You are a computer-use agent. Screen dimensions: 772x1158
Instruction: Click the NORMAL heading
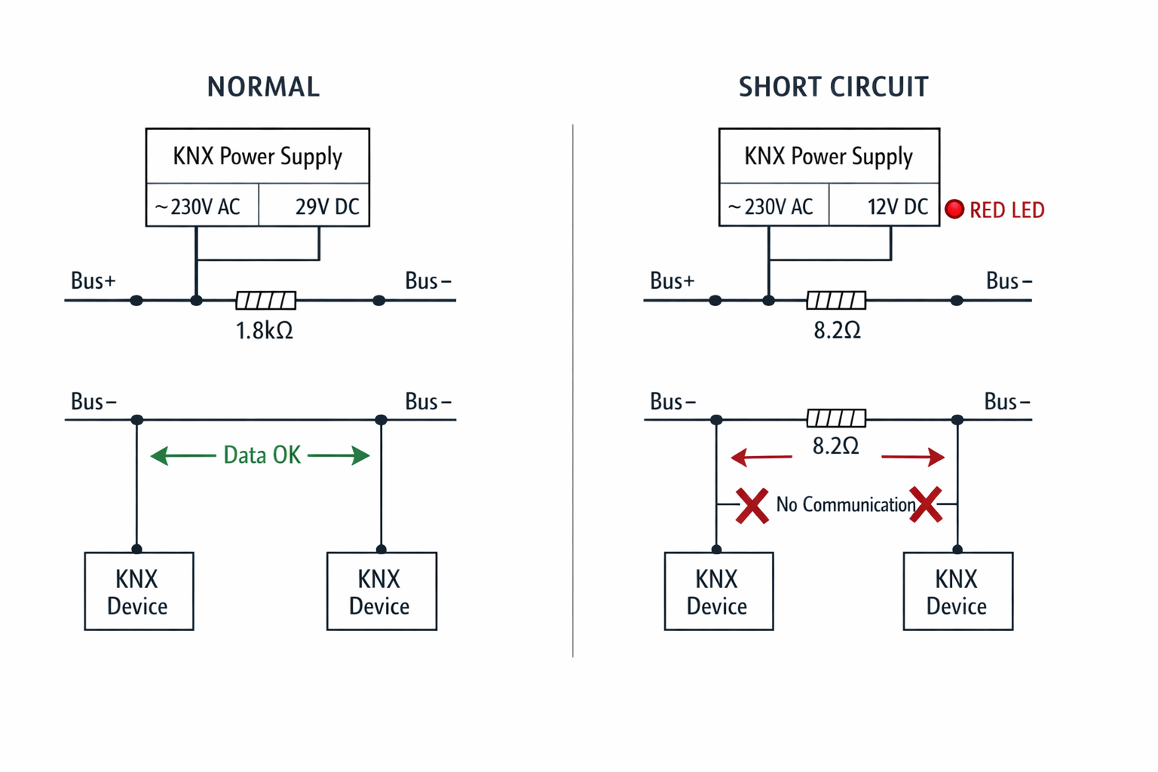pyautogui.click(x=263, y=87)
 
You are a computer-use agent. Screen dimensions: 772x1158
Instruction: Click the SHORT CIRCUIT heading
pyautogui.click(x=833, y=87)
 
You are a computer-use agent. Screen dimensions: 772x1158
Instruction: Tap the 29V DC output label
pyautogui.click(x=326, y=207)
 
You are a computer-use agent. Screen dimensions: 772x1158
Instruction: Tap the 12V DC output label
pyautogui.click(x=896, y=207)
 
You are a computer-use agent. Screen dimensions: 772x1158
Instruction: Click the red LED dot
pyautogui.click(x=954, y=210)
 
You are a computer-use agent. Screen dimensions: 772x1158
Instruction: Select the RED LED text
pyautogui.click(x=1006, y=210)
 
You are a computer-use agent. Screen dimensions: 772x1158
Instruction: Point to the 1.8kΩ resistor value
pyautogui.click(x=264, y=330)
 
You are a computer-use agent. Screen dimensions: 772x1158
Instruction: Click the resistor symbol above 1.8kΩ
pyautogui.click(x=265, y=301)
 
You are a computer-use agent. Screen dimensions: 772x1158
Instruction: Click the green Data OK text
pyautogui.click(x=262, y=455)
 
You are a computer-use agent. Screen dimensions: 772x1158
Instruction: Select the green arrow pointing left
pyautogui.click(x=183, y=455)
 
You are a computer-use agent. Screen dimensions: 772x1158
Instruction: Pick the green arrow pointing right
pyautogui.click(x=339, y=455)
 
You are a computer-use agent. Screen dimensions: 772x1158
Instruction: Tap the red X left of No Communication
pyautogui.click(x=752, y=505)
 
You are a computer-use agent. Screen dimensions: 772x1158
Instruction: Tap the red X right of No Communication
pyautogui.click(x=926, y=504)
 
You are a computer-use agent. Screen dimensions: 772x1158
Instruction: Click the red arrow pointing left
pyautogui.click(x=761, y=457)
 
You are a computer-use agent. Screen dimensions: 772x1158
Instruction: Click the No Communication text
pyautogui.click(x=845, y=504)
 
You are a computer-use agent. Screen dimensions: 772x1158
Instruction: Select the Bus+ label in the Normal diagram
pyautogui.click(x=93, y=281)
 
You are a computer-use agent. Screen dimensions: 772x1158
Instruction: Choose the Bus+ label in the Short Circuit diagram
pyautogui.click(x=672, y=281)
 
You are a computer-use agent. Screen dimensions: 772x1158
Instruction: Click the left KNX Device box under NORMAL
pyautogui.click(x=139, y=591)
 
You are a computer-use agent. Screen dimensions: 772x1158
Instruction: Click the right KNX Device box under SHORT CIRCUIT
pyautogui.click(x=957, y=591)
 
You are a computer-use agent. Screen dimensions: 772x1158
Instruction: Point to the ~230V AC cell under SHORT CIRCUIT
pyautogui.click(x=771, y=207)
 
